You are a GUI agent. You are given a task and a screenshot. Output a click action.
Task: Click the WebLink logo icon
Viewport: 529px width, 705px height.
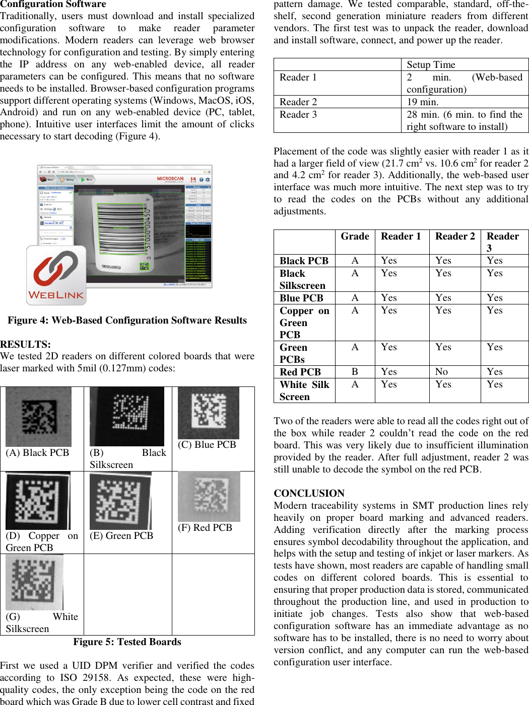56,275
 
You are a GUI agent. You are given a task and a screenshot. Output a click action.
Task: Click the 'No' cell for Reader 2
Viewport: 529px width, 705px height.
441,372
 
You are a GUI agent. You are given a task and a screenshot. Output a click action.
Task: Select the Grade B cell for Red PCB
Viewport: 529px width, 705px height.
355,372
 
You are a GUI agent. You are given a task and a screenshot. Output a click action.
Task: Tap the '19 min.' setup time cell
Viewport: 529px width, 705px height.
422,102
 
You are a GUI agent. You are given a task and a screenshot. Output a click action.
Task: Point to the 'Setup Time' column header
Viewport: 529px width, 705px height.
431,64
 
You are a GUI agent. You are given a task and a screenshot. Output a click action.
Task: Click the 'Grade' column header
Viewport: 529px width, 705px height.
355,237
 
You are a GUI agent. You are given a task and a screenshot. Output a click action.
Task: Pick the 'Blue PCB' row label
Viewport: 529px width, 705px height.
301,298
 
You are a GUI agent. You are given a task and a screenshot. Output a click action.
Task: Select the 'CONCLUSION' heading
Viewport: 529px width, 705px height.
309,493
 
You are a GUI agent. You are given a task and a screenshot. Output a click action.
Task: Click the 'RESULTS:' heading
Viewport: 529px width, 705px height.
25,344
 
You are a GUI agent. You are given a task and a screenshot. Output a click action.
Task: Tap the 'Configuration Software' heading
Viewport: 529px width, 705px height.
53,5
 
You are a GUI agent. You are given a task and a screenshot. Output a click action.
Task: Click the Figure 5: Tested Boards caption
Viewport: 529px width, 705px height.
127,642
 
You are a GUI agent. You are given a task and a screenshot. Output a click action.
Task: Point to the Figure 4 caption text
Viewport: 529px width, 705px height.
127,321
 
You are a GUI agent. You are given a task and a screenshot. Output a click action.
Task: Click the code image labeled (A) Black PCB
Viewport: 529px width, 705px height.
38,417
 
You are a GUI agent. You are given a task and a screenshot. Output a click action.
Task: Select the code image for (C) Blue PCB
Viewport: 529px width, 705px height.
208,413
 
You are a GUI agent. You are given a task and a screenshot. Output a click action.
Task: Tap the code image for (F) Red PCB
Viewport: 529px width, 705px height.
209,496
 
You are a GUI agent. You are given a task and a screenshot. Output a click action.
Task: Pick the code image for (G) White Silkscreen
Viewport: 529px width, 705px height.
34,582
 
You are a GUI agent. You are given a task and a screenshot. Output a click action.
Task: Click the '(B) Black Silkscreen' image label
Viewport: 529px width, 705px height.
127,458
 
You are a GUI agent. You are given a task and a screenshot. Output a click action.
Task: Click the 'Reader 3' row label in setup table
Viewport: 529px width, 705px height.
298,115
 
